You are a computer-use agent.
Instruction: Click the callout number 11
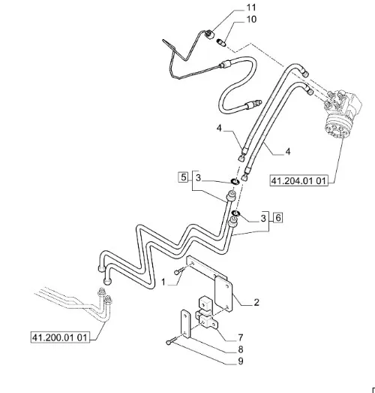(x=251, y=8)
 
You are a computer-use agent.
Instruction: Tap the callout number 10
(x=251, y=20)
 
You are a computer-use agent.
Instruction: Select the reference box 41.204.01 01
(x=298, y=180)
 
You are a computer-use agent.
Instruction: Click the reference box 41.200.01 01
(x=60, y=337)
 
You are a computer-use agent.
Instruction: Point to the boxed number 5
(x=184, y=177)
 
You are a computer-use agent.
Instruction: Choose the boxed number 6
(x=278, y=218)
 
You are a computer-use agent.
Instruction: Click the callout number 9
(x=241, y=361)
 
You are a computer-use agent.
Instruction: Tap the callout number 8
(x=241, y=349)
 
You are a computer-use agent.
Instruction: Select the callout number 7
(x=241, y=337)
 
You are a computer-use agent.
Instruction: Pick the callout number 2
(x=256, y=303)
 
